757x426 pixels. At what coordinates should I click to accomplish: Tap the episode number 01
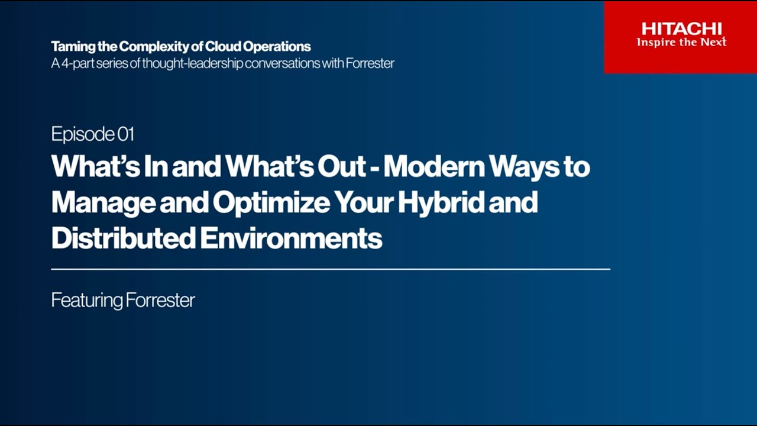click(126, 134)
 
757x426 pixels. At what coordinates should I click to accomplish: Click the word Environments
click(291, 238)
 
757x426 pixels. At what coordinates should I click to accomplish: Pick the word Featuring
click(86, 301)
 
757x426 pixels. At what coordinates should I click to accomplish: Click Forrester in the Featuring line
click(160, 300)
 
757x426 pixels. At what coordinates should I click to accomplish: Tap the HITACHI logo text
click(681, 28)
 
